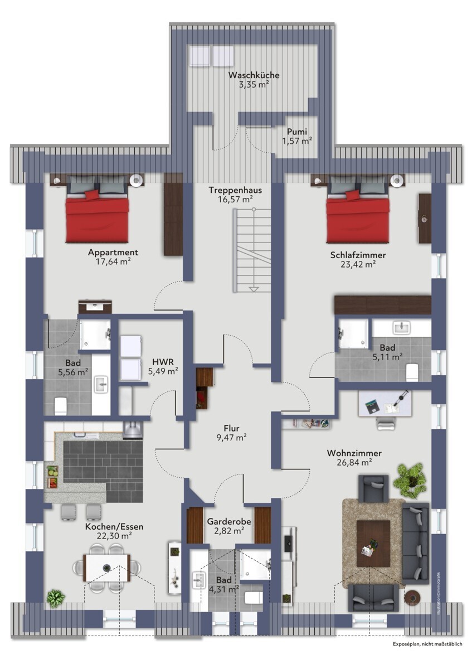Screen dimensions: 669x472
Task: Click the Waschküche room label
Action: point(254,75)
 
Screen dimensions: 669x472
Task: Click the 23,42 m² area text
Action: point(358,265)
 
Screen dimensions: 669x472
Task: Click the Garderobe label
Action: point(229,521)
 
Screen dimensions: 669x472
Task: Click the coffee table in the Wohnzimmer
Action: point(373,543)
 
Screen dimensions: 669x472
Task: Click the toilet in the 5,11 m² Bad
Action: point(412,372)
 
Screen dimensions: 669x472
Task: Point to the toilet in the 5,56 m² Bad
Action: point(60,406)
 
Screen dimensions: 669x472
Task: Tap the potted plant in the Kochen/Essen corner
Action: point(55,598)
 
